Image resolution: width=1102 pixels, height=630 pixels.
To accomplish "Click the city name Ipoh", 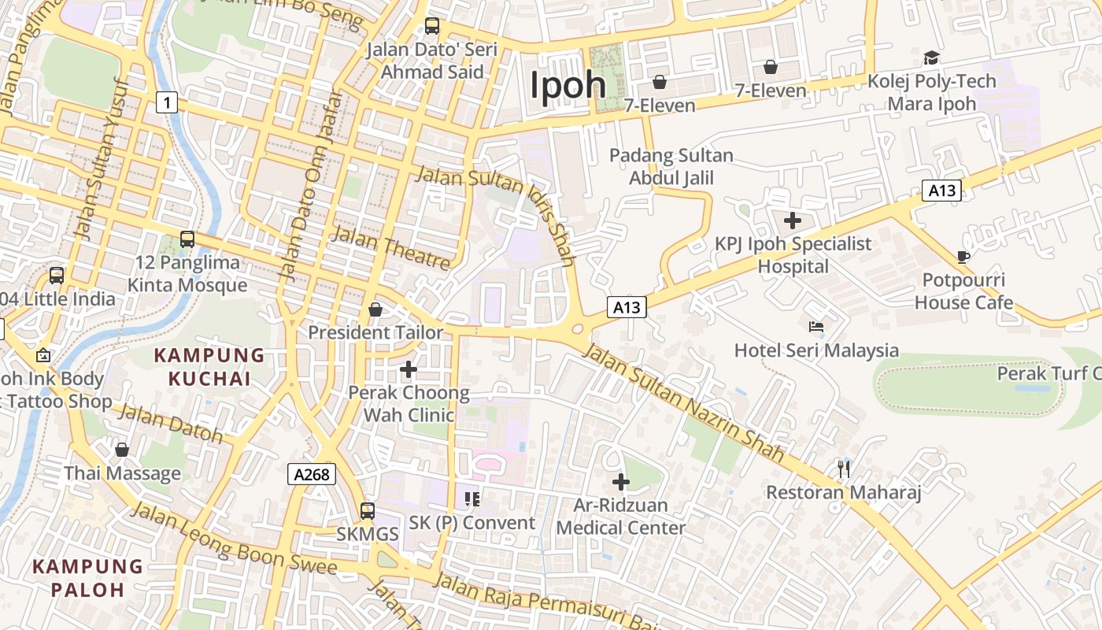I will [x=568, y=84].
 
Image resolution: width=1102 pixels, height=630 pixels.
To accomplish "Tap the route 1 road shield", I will [x=166, y=102].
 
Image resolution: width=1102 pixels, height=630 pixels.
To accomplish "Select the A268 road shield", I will [x=312, y=474].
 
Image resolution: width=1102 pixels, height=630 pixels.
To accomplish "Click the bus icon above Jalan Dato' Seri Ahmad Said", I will [x=432, y=26].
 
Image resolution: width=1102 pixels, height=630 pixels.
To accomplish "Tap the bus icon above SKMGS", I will [x=367, y=510].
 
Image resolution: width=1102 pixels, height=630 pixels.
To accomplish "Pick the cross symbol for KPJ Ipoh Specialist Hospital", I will [x=793, y=220].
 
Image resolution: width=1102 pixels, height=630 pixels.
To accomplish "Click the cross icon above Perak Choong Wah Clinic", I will [x=409, y=369].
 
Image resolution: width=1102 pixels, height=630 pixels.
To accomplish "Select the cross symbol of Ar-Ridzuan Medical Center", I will [x=621, y=481].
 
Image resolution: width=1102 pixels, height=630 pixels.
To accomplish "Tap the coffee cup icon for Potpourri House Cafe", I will [x=963, y=257].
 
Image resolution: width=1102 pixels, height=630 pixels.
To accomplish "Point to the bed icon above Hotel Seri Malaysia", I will [x=816, y=326].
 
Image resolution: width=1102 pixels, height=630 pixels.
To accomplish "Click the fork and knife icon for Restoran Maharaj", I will [x=844, y=469].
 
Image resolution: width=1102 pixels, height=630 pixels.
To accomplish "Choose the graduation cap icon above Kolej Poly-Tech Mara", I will [x=931, y=57].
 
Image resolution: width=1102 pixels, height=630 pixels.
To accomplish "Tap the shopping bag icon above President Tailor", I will [x=375, y=309].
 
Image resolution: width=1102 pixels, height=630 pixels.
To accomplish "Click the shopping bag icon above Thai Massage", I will [x=122, y=450].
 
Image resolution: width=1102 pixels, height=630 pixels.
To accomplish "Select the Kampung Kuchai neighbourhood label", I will [x=209, y=367].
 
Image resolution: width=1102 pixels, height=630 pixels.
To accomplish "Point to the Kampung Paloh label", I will [x=88, y=577].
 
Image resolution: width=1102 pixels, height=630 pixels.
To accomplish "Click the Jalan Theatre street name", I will [x=391, y=248].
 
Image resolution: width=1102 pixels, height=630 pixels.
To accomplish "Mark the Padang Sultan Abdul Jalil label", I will [x=671, y=167].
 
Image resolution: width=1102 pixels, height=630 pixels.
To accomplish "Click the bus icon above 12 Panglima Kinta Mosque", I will [x=187, y=239].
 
